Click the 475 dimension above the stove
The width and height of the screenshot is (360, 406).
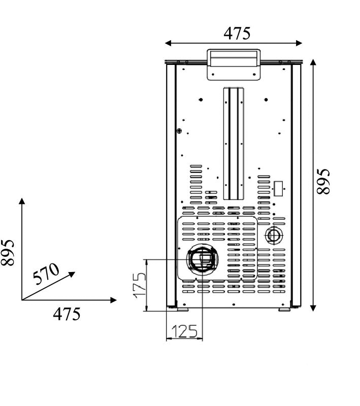tap(237, 33)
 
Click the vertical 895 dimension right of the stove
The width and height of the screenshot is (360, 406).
tap(323, 181)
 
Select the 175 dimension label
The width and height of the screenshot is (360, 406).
tap(139, 285)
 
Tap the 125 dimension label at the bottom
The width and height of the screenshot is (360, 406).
tap(184, 331)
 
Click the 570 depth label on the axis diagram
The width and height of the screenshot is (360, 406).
tap(46, 274)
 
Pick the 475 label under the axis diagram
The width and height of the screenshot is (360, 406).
tap(67, 314)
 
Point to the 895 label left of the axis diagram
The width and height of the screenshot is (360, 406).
tap(7, 252)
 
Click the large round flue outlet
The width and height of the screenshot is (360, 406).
tap(203, 259)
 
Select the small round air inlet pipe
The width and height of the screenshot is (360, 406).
tap(274, 235)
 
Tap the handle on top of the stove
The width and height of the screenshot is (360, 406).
tap(234, 64)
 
